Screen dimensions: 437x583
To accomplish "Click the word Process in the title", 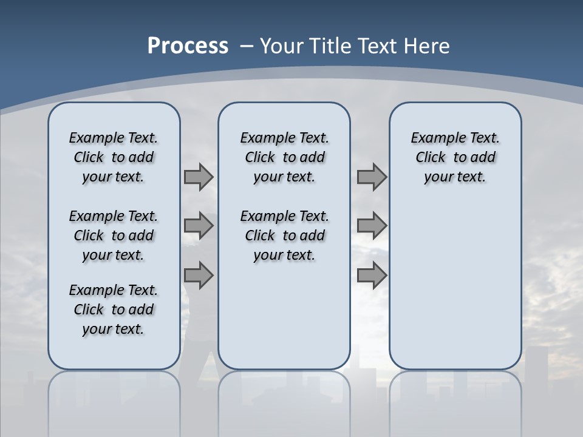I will (x=188, y=46).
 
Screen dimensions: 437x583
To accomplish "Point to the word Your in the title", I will (x=282, y=46).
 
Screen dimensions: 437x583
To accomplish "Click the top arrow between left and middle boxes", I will (x=199, y=177).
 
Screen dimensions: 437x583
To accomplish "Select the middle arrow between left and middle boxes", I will (x=199, y=226).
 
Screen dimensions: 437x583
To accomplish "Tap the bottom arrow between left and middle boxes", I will (x=199, y=276).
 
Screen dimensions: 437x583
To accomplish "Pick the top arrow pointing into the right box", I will (x=372, y=177).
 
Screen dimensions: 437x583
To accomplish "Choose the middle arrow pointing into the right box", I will (x=372, y=226).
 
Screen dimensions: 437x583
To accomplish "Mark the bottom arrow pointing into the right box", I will (x=372, y=276).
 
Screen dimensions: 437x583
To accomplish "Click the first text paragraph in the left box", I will (x=114, y=157).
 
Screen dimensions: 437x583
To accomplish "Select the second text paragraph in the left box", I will (x=114, y=235).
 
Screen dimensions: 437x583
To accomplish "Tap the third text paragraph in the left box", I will (x=114, y=310).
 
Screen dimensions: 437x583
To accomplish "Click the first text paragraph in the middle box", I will (x=285, y=157).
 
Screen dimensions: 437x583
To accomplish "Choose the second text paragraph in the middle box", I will (x=285, y=235).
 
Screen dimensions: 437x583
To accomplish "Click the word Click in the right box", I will (x=431, y=158).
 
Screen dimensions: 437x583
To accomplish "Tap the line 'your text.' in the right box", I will (x=455, y=177).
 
